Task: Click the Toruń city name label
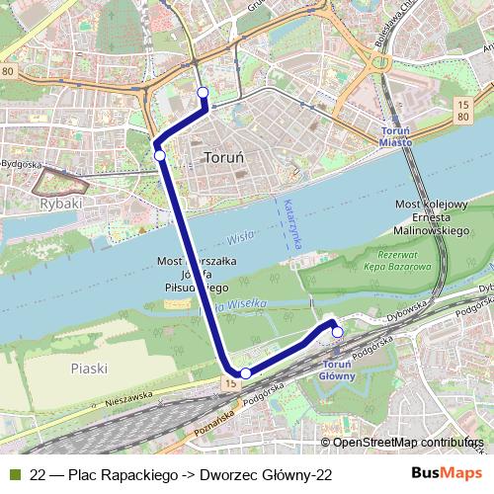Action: (x=223, y=157)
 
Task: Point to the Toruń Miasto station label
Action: (x=402, y=135)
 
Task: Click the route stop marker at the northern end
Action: (x=204, y=93)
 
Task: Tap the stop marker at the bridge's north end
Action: (x=159, y=154)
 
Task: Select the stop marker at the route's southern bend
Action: (x=246, y=372)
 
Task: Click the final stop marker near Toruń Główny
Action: (x=337, y=333)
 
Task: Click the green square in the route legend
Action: (x=14, y=475)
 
